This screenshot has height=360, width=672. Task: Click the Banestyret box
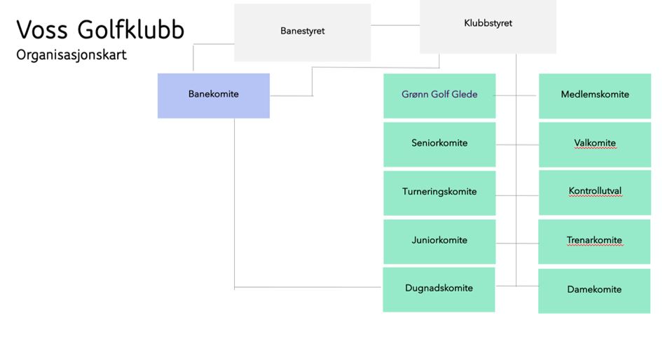302,32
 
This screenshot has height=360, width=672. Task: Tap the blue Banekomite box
213,95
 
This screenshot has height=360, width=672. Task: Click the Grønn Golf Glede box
439,95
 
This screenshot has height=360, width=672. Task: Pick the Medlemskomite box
594,95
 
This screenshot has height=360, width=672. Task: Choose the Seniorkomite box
439,144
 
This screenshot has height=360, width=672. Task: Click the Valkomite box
594,144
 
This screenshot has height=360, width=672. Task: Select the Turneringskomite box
439,193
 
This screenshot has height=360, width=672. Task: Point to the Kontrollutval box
594,192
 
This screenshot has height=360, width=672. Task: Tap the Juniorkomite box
439,241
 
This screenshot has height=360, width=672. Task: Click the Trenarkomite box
594,241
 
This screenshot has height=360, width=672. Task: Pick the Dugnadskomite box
439,289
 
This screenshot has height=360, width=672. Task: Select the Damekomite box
594,290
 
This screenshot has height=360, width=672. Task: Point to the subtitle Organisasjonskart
71,55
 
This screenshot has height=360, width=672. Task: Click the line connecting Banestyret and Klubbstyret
395,25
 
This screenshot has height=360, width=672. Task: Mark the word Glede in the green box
463,95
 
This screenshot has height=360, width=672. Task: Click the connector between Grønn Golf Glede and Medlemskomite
517,95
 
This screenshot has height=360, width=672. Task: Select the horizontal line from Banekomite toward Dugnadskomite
308,287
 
